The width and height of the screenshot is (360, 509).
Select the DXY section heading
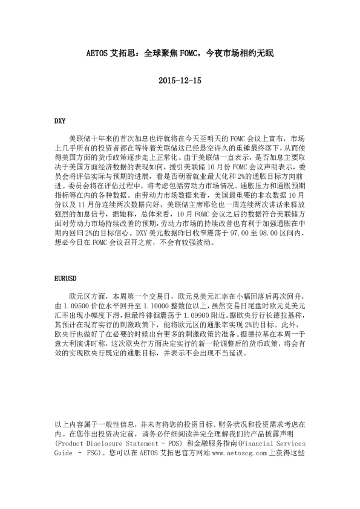60,120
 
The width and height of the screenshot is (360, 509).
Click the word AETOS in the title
97,54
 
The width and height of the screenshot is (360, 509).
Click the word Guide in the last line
64,452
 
